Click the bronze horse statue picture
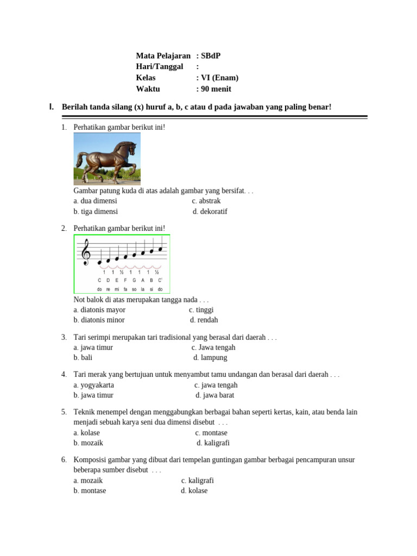(x=107, y=159)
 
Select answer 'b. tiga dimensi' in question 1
(x=96, y=212)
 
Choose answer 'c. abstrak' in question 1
(x=206, y=201)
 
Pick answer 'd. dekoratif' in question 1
(x=210, y=212)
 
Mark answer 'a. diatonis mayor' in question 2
(x=99, y=310)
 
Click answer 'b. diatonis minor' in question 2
(x=99, y=320)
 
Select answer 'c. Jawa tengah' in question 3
(x=213, y=347)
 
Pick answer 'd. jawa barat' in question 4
(x=215, y=395)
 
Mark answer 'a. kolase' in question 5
(x=87, y=433)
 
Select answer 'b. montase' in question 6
(x=90, y=491)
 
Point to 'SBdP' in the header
(x=211, y=56)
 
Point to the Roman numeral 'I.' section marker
(x=52, y=107)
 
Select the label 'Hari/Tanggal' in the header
(x=160, y=67)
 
